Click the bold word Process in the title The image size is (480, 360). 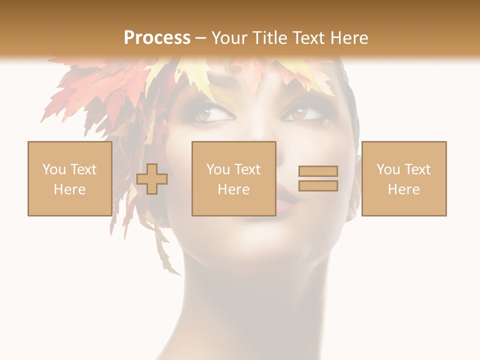pos(157,38)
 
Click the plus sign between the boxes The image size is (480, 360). pos(152,179)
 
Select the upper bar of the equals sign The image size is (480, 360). pos(318,171)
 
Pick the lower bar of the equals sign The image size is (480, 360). pos(318,186)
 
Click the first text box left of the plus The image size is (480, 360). pos(69,178)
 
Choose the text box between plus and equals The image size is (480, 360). pos(233,178)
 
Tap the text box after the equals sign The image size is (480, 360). pos(403,178)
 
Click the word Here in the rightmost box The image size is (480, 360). pos(403,189)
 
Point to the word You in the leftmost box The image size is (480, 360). pos(54,169)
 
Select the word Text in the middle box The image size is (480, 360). pos(247,169)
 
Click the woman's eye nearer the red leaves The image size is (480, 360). pos(214,114)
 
